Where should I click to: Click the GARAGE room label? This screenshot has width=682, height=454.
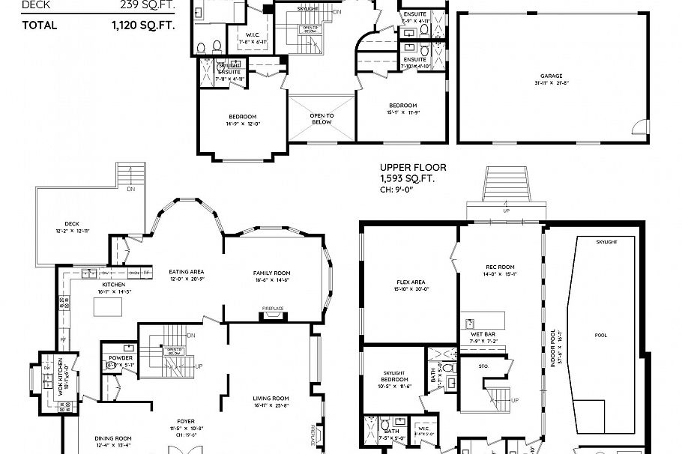point(551,76)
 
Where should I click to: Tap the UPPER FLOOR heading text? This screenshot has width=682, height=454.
point(407,168)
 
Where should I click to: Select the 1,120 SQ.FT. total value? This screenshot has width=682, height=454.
point(144,25)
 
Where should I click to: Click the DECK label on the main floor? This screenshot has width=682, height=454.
point(72,223)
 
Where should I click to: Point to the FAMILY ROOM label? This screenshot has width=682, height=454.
point(271,273)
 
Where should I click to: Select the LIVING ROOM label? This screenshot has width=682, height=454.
point(271,398)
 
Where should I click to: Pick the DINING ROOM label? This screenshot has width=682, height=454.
point(113,438)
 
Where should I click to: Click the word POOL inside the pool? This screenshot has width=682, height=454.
point(600,335)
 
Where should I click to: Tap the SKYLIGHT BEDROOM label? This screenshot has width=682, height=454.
point(394,376)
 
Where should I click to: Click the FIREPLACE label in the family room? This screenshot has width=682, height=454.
point(272,308)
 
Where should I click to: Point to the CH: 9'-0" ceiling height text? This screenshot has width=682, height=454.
point(398,190)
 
